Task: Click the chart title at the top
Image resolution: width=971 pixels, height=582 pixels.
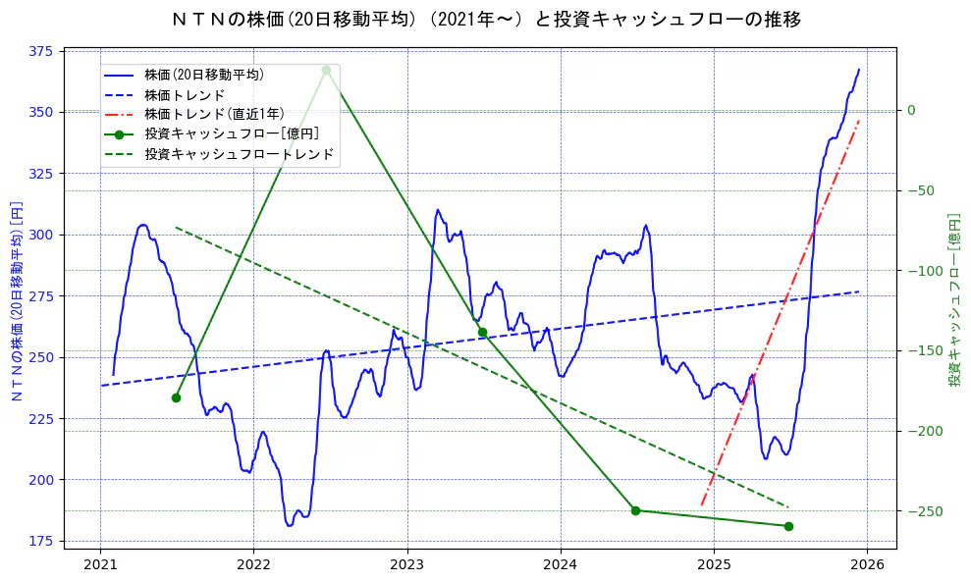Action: coord(486,19)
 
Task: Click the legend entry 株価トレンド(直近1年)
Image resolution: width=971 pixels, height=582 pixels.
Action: coord(213,114)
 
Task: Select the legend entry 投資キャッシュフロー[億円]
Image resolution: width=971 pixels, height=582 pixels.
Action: coord(231,134)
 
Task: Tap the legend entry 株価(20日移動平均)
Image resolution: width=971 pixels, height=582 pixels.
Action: coord(203,74)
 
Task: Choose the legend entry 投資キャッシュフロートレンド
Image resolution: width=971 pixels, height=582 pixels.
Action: coord(239,154)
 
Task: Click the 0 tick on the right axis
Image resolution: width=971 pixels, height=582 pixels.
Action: coord(911,110)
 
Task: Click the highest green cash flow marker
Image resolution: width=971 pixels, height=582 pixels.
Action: coord(326,70)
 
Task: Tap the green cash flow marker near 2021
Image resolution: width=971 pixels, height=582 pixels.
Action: coord(176,397)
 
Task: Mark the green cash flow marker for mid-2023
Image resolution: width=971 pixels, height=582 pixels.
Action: coord(482,332)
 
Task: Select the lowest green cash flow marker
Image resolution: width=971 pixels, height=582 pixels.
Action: coord(788,526)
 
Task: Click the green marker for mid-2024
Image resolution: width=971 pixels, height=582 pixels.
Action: coord(635,510)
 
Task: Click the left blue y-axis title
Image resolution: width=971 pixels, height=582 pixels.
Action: coord(16,301)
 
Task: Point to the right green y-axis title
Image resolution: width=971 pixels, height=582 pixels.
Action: coord(953,299)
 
